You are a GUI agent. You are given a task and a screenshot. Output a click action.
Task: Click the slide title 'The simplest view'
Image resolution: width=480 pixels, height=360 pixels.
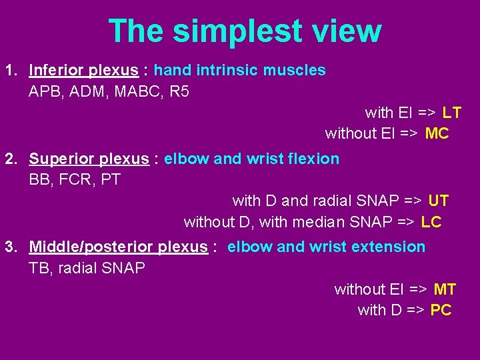pyautogui.click(x=245, y=31)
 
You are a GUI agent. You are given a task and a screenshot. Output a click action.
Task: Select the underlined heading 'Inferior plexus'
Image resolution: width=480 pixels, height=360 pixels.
pyautogui.click(x=83, y=70)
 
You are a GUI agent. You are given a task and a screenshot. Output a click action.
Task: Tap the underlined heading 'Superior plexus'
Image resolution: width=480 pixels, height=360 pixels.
pyautogui.click(x=89, y=159)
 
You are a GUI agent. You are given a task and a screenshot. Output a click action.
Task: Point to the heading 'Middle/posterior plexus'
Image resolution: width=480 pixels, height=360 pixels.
pyautogui.click(x=118, y=247)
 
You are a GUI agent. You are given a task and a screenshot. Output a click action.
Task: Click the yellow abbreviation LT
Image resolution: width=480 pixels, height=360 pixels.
pyautogui.click(x=451, y=113)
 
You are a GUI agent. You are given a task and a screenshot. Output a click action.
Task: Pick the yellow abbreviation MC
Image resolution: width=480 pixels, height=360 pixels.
pyautogui.click(x=437, y=133)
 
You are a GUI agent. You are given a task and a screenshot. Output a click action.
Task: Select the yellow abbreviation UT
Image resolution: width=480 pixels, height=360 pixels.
pyautogui.click(x=438, y=201)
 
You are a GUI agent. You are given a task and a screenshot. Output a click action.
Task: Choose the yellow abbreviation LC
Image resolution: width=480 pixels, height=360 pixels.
pyautogui.click(x=431, y=222)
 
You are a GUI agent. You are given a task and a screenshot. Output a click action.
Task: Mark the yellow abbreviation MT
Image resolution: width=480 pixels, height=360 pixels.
pyautogui.click(x=445, y=289)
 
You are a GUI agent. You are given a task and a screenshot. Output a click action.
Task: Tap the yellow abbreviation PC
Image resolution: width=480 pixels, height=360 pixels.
pyautogui.click(x=441, y=310)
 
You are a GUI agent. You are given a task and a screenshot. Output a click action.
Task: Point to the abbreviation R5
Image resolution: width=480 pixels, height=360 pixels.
pyautogui.click(x=179, y=91)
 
